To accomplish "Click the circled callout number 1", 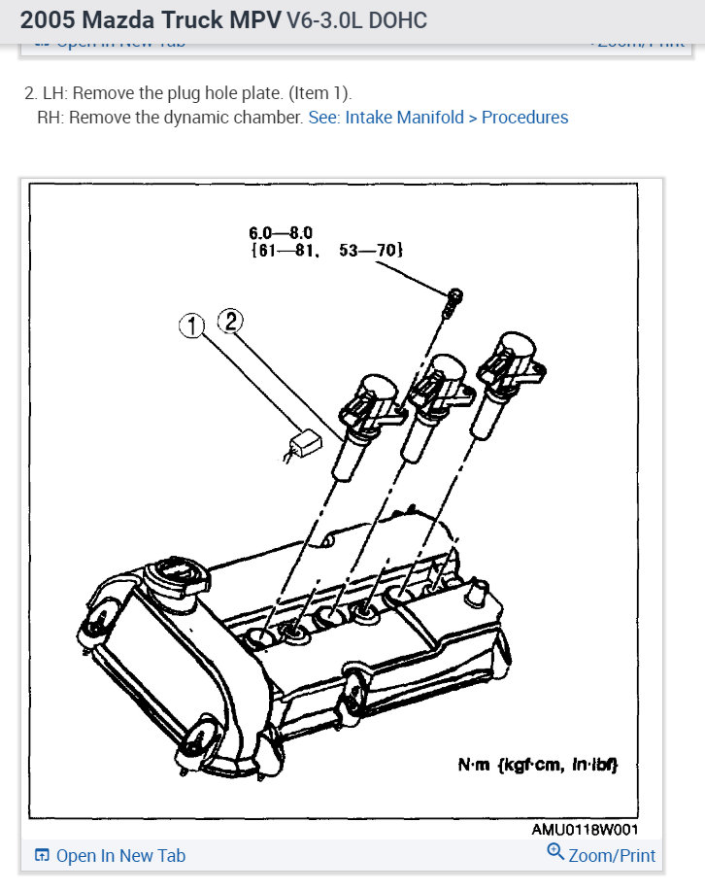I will [x=192, y=326].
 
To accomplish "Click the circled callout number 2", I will [x=229, y=319].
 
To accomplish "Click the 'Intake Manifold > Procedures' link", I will [x=438, y=118].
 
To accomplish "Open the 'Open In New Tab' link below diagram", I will [x=120, y=856].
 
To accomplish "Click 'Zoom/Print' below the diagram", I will [x=612, y=856].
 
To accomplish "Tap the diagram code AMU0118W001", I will [x=585, y=831].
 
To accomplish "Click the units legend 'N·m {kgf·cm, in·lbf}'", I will [x=537, y=766].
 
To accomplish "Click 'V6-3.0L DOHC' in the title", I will [x=356, y=20].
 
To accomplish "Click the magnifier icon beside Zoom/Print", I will [x=555, y=853].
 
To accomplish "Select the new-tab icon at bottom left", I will [x=42, y=856].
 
